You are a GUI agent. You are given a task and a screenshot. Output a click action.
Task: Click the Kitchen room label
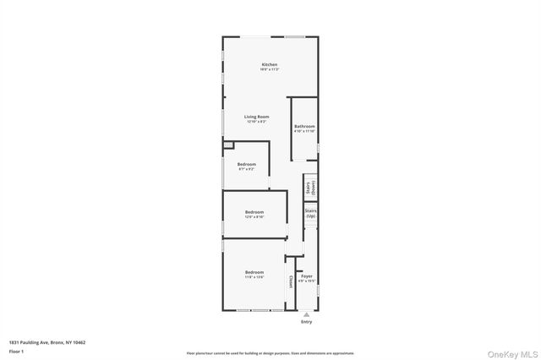[269, 65]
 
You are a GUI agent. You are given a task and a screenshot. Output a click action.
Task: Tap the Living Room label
[256, 117]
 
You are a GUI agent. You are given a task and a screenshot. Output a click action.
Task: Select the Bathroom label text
[304, 126]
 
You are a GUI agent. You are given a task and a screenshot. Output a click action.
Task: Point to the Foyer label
[307, 275]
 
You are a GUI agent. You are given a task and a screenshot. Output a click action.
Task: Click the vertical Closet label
[291, 281]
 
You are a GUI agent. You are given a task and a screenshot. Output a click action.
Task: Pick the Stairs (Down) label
[310, 188]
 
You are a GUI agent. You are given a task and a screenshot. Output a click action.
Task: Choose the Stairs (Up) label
[310, 215]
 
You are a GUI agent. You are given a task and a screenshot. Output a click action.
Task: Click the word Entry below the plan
[306, 322]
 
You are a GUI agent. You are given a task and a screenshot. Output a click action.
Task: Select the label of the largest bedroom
[254, 272]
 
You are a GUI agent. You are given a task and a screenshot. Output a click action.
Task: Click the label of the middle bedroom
[254, 212]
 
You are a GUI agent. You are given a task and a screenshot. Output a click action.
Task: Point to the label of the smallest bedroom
[246, 164]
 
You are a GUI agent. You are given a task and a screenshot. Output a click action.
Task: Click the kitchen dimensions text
[269, 70]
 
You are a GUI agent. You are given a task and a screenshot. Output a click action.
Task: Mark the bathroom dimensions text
[304, 131]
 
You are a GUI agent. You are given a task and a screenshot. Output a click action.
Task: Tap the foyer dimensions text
[307, 281]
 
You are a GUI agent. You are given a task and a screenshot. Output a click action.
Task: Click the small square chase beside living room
[227, 145]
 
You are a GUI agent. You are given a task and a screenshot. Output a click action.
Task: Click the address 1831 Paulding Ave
[47, 342]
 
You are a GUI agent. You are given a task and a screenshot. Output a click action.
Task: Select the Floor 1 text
[16, 350]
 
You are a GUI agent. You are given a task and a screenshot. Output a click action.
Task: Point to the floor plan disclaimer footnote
[270, 353]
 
